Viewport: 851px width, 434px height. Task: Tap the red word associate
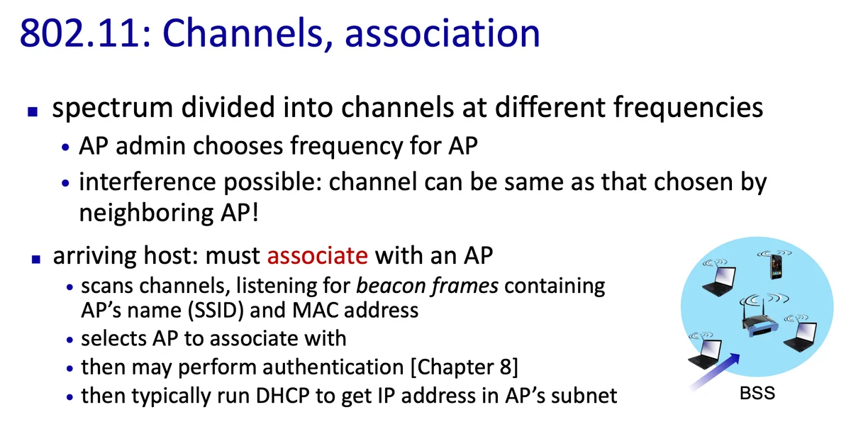pos(317,255)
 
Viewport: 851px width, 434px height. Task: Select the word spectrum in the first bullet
pos(113,108)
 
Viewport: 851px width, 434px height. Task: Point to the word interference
pos(148,182)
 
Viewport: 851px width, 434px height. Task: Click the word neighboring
pos(146,213)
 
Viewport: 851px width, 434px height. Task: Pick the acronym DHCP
pos(283,396)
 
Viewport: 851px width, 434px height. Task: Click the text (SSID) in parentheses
pos(216,311)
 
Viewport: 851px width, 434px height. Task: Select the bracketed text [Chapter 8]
pos(465,367)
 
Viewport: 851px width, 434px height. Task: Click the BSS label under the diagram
pos(757,394)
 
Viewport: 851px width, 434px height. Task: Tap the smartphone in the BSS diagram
pos(776,267)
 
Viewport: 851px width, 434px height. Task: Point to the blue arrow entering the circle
pos(715,372)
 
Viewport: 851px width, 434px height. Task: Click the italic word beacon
pos(389,286)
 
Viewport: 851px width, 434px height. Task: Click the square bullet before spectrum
pos(33,112)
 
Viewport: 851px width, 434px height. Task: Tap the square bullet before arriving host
pos(36,259)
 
